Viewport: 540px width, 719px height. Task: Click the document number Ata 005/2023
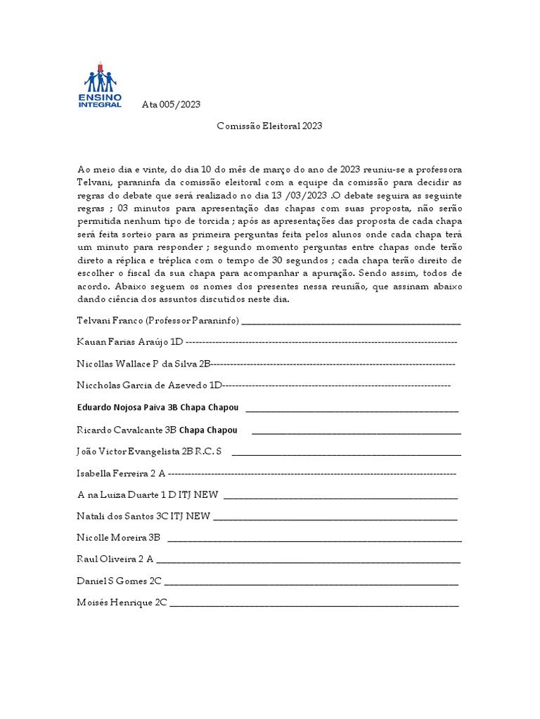tap(171, 105)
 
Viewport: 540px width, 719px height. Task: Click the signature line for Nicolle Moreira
tap(314, 539)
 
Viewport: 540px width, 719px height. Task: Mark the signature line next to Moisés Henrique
tap(314, 604)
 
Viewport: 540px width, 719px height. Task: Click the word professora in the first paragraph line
tap(437, 169)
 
